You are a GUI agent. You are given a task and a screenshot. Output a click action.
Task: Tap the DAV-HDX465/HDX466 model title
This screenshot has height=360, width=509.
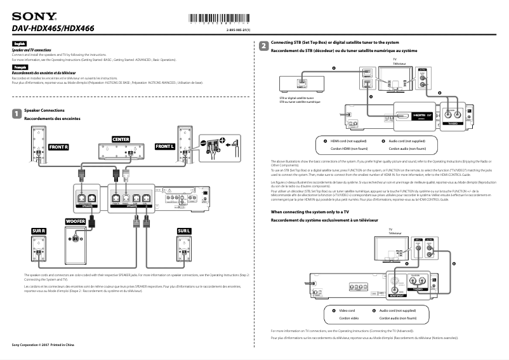[x=53, y=28]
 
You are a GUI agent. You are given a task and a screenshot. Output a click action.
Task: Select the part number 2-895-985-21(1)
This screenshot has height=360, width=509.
[x=239, y=30]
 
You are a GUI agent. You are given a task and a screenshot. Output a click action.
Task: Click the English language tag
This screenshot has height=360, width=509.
[x=18, y=43]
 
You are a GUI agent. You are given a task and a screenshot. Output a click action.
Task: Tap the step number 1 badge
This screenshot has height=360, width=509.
[x=17, y=114]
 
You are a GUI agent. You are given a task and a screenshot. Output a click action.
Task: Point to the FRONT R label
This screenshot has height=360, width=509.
[x=59, y=147]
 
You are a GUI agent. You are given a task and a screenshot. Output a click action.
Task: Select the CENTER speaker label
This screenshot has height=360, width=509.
[x=121, y=139]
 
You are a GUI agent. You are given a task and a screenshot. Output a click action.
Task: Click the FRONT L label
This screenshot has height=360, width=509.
[x=164, y=147]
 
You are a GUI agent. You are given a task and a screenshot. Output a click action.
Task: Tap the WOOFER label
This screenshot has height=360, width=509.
[x=76, y=221]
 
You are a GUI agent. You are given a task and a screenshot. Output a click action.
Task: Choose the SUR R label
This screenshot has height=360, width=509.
[x=38, y=230]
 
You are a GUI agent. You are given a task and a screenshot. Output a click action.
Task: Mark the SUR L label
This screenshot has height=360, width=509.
[x=184, y=230]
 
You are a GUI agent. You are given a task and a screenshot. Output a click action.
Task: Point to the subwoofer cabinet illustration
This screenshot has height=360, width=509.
[x=76, y=248]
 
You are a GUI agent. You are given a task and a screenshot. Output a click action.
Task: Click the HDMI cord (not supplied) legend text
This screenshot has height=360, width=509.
[x=348, y=141]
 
